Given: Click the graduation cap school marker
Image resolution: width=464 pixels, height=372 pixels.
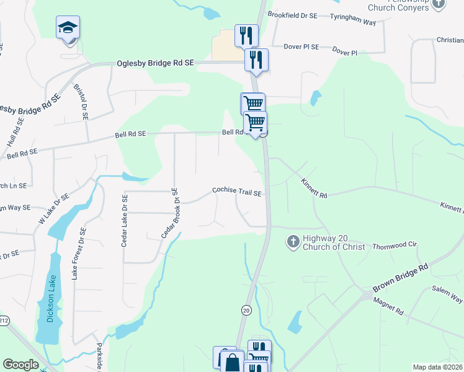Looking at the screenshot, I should click(68, 29).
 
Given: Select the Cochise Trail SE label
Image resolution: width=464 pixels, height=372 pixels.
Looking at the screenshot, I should click(237, 192).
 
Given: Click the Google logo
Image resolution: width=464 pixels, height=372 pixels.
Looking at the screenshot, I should click(20, 365).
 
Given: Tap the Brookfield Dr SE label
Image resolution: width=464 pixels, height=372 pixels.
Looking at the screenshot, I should click(292, 14).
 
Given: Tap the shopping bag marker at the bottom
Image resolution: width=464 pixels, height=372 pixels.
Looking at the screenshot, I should click(233, 362).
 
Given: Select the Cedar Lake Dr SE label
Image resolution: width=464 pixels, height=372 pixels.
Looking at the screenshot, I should click(125, 221).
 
